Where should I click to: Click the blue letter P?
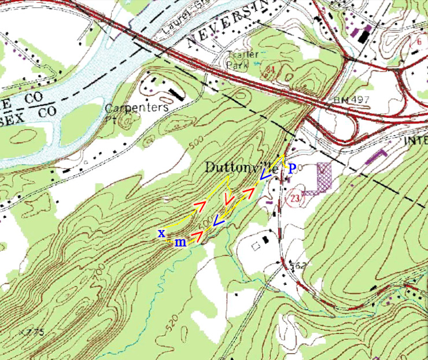pyautogui.click(x=292, y=168)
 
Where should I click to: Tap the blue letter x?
pyautogui.click(x=162, y=233)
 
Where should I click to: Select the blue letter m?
pyautogui.click(x=180, y=243)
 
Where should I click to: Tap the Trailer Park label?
pyautogui.click(x=238, y=60)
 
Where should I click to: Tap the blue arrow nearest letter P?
pyautogui.click(x=266, y=173)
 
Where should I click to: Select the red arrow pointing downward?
pyautogui.click(x=229, y=200)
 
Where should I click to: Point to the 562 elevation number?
pyautogui.click(x=297, y=266)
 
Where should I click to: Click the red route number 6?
pyautogui.click(x=418, y=42)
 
